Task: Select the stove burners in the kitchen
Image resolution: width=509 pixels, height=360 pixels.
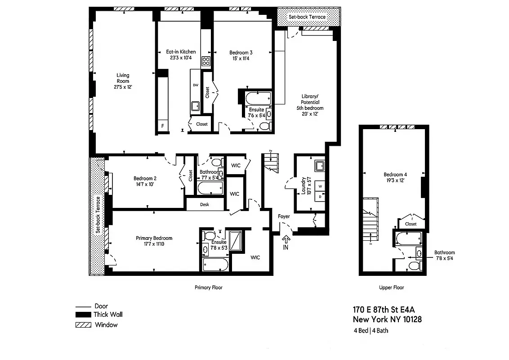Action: (x=206, y=62)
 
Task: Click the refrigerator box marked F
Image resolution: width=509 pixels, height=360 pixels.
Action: (x=162, y=126)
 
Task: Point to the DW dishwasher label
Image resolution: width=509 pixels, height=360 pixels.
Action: (x=196, y=85)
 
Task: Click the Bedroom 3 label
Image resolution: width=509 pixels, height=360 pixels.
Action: (x=241, y=52)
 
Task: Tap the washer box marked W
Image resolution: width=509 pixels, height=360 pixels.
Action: (x=321, y=185)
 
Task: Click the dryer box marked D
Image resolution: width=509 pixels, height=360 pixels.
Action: (x=321, y=196)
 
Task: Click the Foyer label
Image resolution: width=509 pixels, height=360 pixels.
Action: (x=284, y=216)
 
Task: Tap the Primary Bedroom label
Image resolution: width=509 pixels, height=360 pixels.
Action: (x=154, y=238)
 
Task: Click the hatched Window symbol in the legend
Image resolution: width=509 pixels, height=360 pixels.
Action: (x=84, y=325)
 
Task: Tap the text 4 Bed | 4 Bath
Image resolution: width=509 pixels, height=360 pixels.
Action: (x=371, y=331)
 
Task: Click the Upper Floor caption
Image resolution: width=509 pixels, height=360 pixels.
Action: (x=391, y=288)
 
